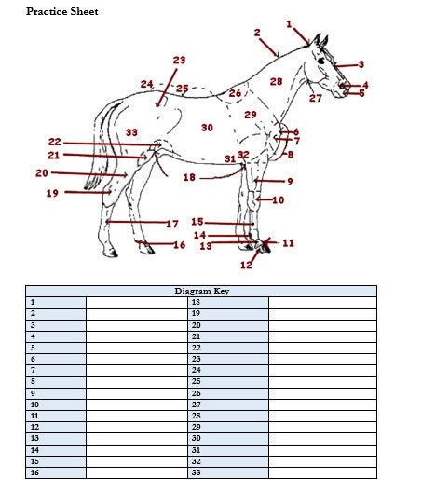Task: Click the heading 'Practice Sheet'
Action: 61,11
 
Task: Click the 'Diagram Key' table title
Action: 201,291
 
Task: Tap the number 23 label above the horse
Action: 179,61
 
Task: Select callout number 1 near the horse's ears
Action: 289,24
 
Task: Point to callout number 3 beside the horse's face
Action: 361,64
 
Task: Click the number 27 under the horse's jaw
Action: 316,98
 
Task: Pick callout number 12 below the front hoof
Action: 246,266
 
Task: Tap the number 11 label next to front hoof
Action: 288,243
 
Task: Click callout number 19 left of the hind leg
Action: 52,194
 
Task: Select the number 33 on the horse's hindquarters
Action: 131,133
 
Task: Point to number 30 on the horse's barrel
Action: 207,127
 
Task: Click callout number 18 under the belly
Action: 189,177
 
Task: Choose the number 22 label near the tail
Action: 55,142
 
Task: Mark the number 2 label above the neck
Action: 257,33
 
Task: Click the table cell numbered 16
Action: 56,473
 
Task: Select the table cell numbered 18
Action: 227,302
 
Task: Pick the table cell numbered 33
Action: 227,473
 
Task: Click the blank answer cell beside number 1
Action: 136,302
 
